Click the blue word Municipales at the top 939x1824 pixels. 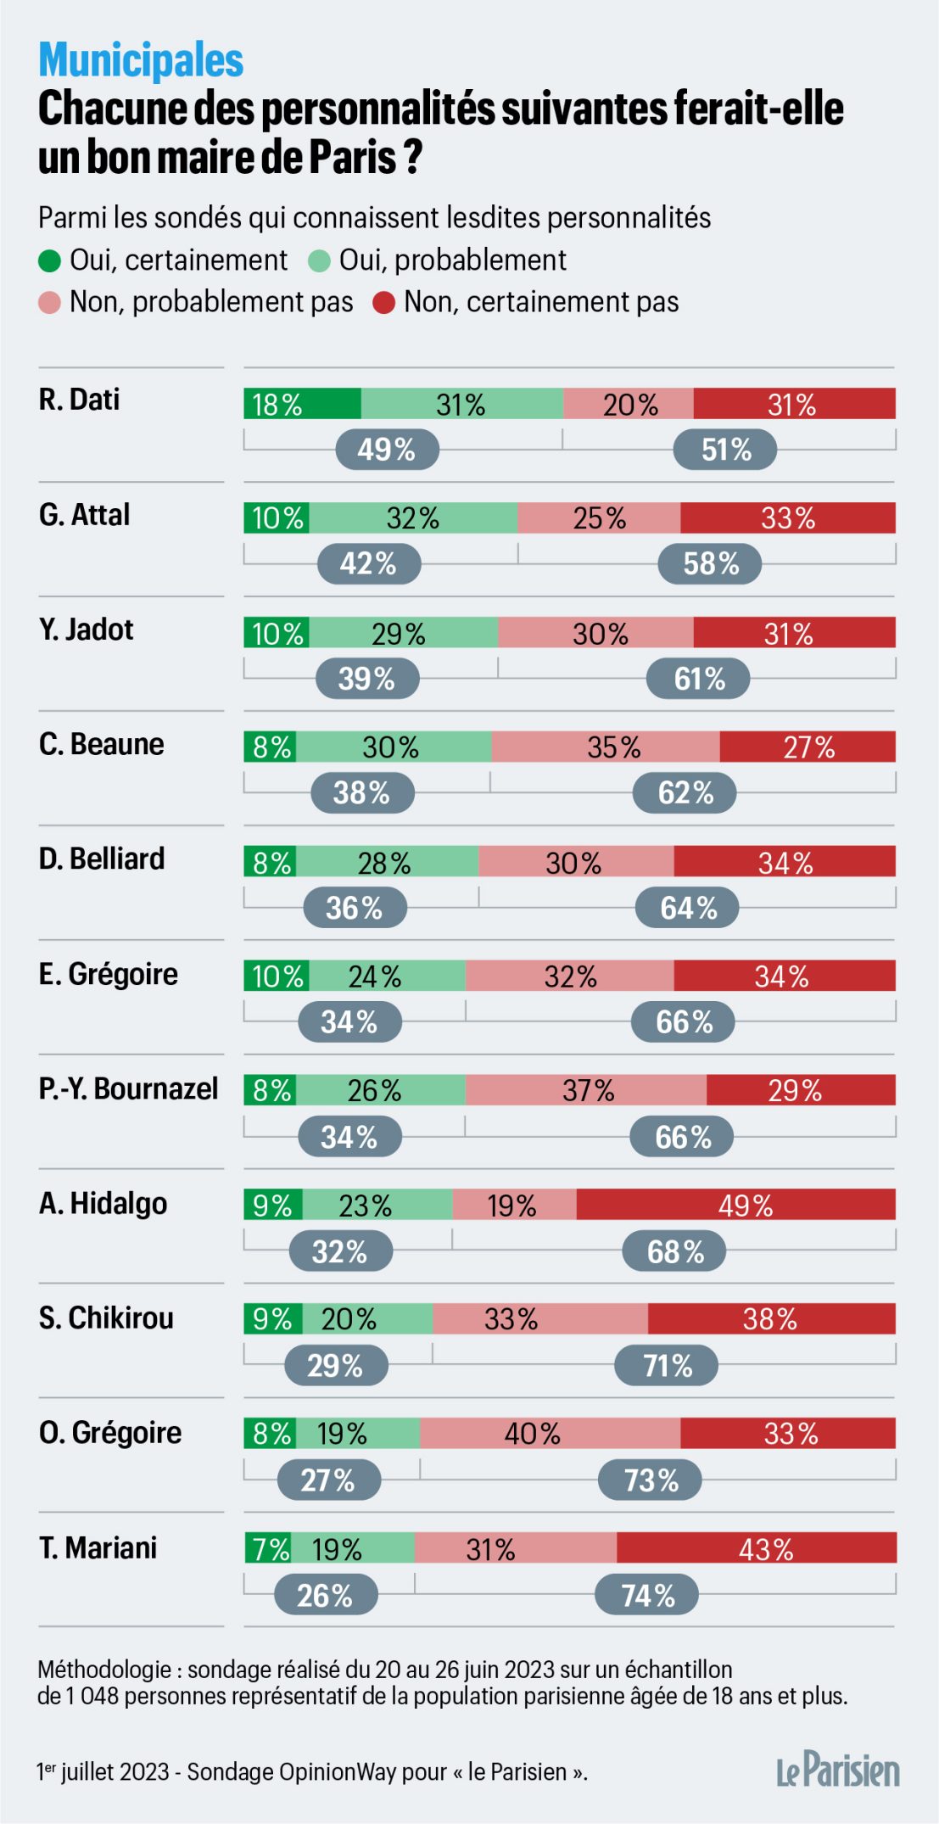tap(141, 60)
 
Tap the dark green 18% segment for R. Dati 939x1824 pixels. tap(302, 404)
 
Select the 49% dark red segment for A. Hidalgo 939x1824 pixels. tap(735, 1205)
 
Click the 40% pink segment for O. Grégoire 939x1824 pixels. tap(550, 1434)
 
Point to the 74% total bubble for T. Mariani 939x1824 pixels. tap(646, 1596)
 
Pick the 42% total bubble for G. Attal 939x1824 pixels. tap(369, 564)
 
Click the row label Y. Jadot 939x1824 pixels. tap(86, 630)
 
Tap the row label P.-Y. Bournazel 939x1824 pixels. tap(128, 1088)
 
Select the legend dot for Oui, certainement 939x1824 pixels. tap(50, 261)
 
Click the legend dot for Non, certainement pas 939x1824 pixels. tap(384, 303)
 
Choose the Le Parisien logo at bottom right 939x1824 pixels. tap(837, 1771)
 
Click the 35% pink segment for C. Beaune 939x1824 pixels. tap(606, 747)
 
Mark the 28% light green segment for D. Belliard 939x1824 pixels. tap(387, 862)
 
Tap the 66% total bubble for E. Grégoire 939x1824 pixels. tap(683, 1022)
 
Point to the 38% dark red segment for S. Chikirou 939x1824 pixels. tap(771, 1319)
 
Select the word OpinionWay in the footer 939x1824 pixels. tap(338, 1772)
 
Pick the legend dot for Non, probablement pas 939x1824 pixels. tap(50, 303)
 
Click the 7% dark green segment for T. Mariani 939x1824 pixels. tap(268, 1549)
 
